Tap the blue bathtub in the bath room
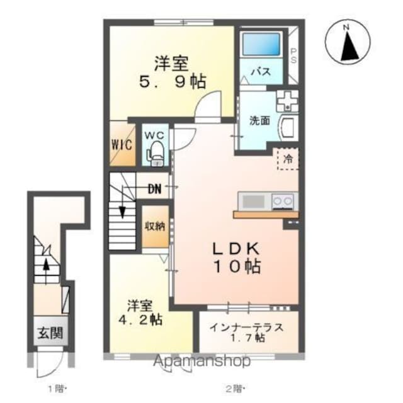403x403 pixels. (x=261, y=44)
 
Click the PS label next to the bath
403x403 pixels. (x=293, y=55)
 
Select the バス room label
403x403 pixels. (x=261, y=71)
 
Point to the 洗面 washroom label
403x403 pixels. (x=260, y=120)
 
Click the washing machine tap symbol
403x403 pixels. (x=287, y=101)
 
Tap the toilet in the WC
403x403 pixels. (x=156, y=154)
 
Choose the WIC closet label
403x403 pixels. (x=122, y=145)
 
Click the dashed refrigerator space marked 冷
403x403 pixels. (x=288, y=159)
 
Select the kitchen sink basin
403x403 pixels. (x=253, y=201)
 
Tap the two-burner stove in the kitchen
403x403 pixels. (x=283, y=201)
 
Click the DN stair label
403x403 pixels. (x=154, y=190)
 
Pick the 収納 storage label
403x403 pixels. (x=155, y=227)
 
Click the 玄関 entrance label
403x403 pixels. (x=50, y=333)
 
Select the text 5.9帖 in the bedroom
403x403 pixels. (x=173, y=82)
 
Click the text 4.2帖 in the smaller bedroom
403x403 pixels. (x=140, y=320)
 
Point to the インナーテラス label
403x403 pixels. (x=246, y=327)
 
